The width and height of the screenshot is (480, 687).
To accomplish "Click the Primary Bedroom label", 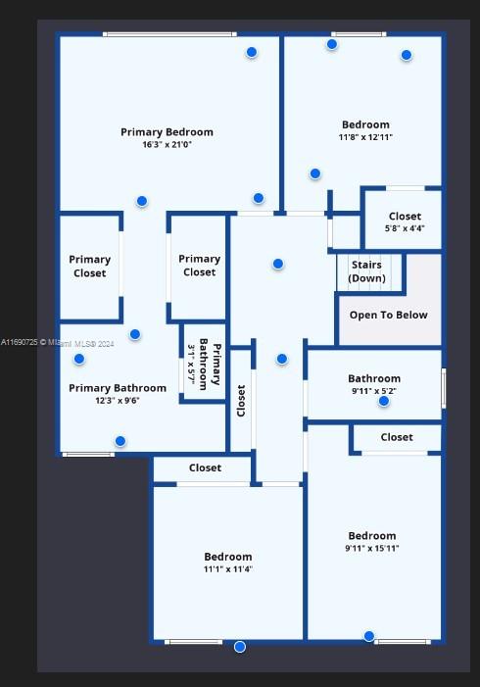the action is (167, 132).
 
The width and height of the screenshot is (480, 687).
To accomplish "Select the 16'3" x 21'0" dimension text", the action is (167, 145).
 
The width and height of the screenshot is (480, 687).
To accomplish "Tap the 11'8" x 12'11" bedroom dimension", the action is (365, 137).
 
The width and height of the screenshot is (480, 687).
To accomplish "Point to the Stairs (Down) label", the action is (366, 271).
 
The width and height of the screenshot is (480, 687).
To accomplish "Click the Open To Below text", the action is (389, 315).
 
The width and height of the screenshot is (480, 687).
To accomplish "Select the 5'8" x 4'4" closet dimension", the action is (405, 228).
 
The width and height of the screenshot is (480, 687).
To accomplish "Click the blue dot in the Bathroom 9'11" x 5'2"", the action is (384, 401).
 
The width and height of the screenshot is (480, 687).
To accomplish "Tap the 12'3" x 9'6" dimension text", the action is (118, 401).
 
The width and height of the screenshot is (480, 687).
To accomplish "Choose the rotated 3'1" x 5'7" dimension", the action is (191, 365).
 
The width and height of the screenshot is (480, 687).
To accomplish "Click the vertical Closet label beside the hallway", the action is (241, 401).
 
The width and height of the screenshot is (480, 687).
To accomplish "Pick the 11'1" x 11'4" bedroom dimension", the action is (228, 569).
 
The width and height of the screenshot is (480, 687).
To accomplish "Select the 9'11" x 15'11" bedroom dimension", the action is (372, 548).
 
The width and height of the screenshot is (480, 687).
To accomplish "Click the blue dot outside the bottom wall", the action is (240, 647).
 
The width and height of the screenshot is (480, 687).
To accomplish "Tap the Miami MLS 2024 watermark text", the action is (58, 343).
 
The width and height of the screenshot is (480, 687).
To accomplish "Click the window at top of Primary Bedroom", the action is (169, 34).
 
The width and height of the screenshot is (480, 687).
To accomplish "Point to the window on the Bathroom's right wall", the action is (444, 388).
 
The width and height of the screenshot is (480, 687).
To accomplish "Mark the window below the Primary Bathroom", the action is (88, 455).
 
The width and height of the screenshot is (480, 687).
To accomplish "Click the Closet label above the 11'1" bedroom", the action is (205, 467).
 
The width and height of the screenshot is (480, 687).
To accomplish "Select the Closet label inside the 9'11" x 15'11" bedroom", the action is (397, 437).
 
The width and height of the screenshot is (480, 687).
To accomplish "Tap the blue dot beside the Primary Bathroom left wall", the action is (79, 359).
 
